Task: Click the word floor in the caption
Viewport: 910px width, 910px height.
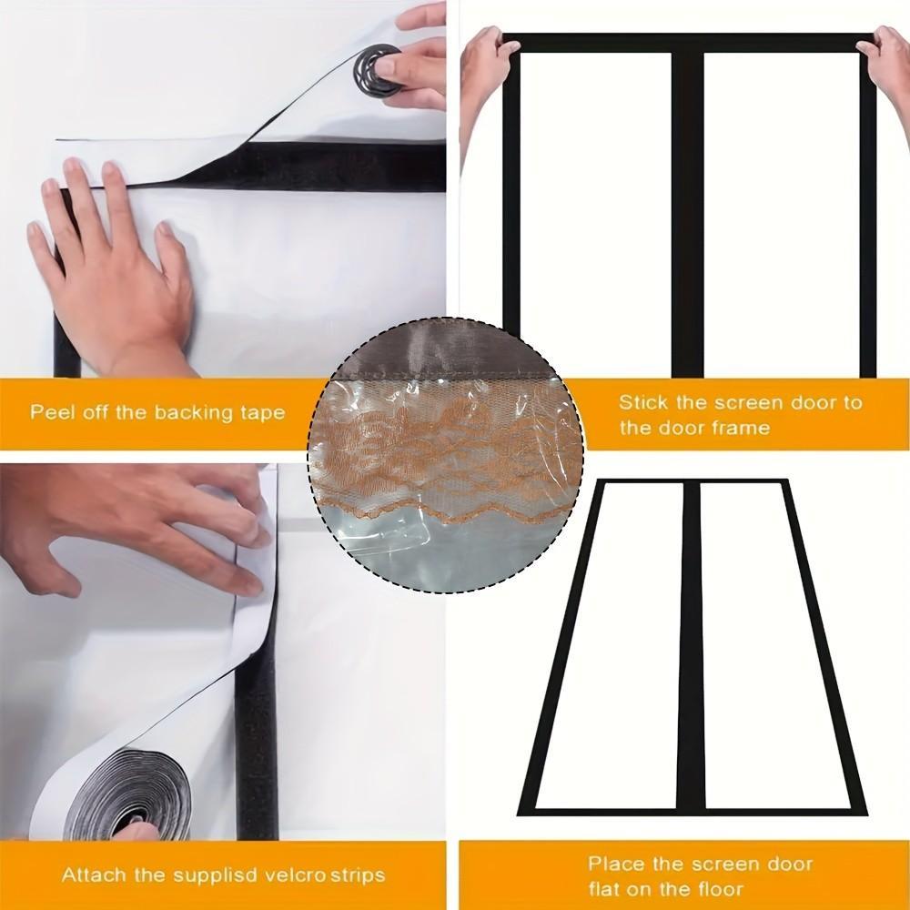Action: pos(719,889)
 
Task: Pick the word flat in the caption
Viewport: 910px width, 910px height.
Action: pos(606,889)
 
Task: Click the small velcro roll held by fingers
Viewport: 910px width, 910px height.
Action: pos(377,70)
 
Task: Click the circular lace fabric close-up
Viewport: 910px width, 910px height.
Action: pos(446,456)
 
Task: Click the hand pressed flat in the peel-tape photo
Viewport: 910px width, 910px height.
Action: pos(113,273)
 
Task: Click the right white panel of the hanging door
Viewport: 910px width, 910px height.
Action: pos(781,214)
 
